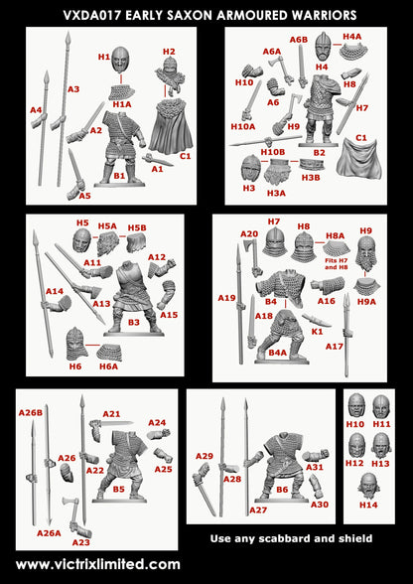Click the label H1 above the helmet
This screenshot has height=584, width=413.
point(104,58)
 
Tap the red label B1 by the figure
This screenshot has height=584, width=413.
point(119,175)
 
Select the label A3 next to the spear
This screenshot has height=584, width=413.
point(73,89)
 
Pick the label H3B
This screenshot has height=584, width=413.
point(311,177)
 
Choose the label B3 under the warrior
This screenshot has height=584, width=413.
point(133,322)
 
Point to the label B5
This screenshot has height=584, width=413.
point(119,489)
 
